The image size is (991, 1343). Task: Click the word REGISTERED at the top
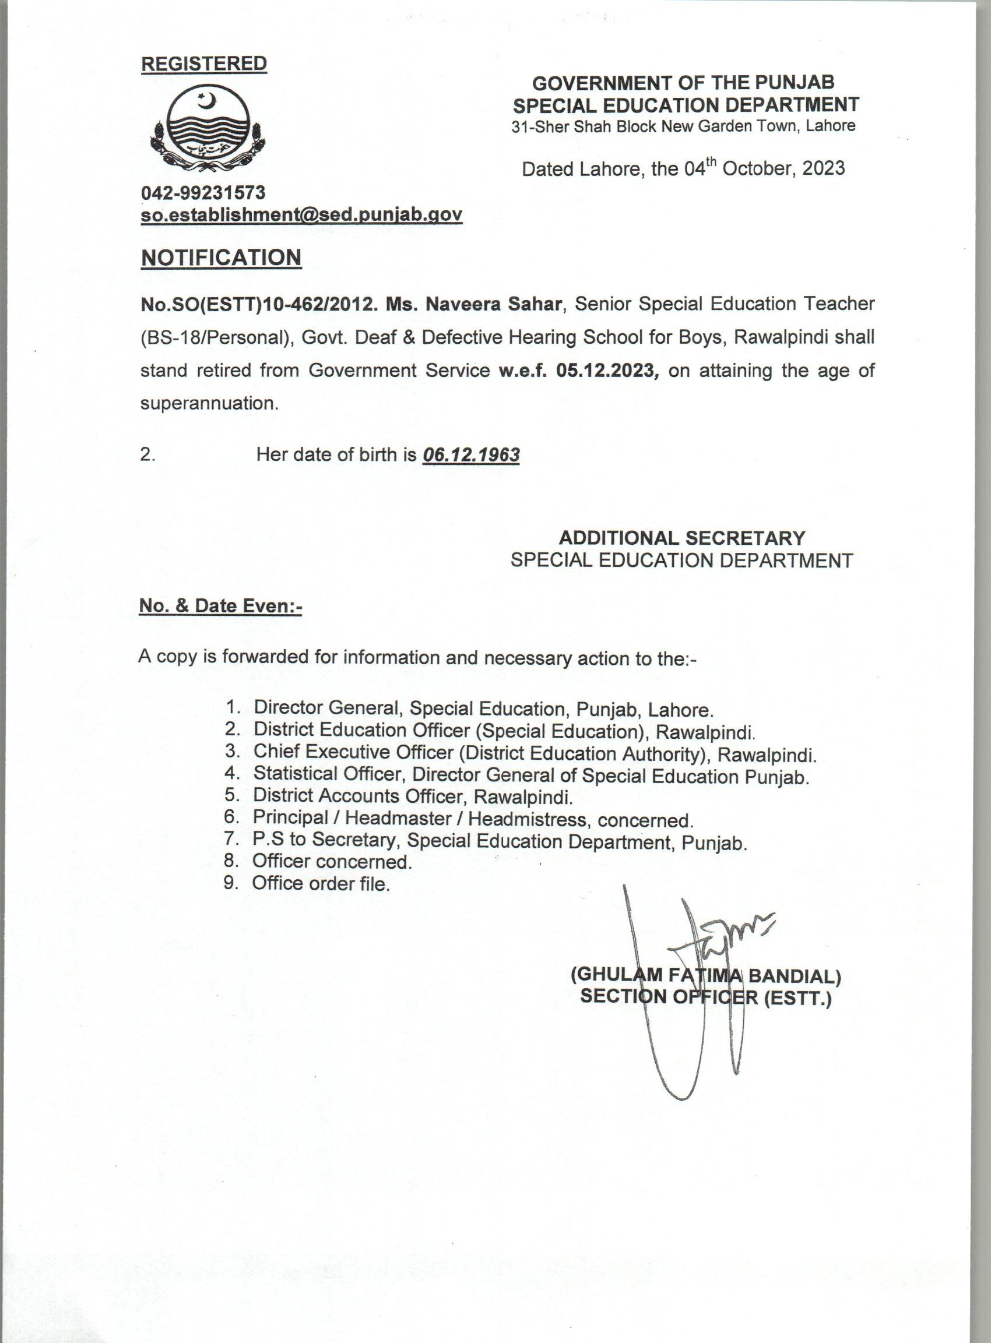(x=204, y=64)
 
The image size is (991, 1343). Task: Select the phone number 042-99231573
(x=203, y=192)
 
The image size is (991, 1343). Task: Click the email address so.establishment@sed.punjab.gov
(x=301, y=214)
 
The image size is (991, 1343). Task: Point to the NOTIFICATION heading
(x=221, y=257)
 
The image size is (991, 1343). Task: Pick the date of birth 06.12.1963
(x=471, y=455)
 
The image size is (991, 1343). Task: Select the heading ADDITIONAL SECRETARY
(x=682, y=537)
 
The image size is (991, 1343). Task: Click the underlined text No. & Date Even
(x=220, y=606)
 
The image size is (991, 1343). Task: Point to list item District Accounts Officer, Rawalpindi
(x=413, y=797)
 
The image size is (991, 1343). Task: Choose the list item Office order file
(x=321, y=883)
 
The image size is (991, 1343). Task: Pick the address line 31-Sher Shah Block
(x=683, y=126)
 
